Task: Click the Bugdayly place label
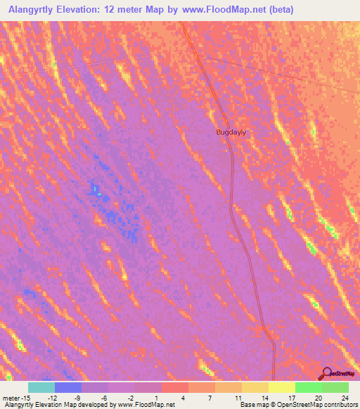(x=232, y=131)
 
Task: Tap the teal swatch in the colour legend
(x=41, y=387)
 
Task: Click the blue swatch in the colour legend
(x=68, y=387)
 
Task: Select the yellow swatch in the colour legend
(x=282, y=387)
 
